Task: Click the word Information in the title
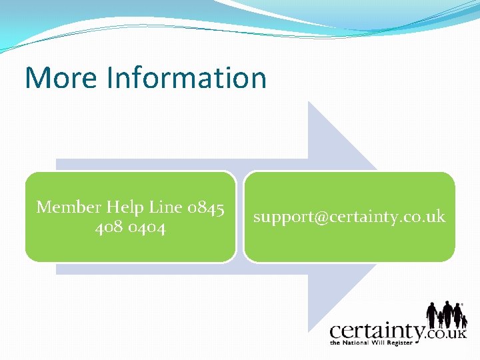tap(185, 77)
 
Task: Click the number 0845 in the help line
tap(205, 207)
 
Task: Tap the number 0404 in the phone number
tap(148, 228)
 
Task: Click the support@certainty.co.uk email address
tap(349, 217)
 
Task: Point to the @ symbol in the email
tap(315, 217)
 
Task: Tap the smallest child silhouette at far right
tap(464, 321)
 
